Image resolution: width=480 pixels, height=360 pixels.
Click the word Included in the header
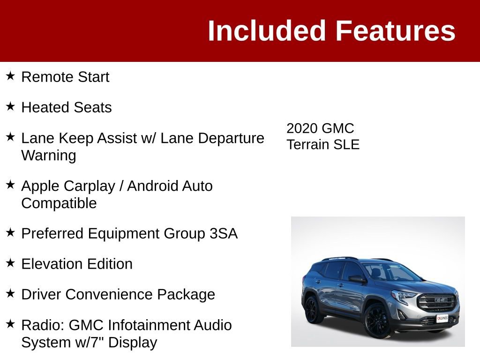click(x=266, y=31)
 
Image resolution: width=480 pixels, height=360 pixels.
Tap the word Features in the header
click(x=395, y=31)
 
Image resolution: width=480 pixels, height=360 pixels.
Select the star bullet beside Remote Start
click(x=10, y=75)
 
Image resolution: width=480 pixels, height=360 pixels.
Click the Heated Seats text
click(x=67, y=107)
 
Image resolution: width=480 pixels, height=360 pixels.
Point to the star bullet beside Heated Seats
click(x=10, y=106)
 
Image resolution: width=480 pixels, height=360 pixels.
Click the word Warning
click(x=49, y=155)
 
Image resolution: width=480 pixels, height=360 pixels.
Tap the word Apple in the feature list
click(x=40, y=186)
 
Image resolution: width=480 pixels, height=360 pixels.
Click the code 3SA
click(x=224, y=233)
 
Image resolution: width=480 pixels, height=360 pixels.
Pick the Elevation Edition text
click(x=77, y=264)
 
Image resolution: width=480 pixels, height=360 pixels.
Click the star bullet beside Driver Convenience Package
click(x=10, y=293)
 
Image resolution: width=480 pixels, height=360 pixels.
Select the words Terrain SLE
click(x=323, y=144)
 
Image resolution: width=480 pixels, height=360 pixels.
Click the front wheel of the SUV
click(x=377, y=320)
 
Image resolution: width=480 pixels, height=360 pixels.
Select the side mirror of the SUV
click(x=357, y=279)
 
